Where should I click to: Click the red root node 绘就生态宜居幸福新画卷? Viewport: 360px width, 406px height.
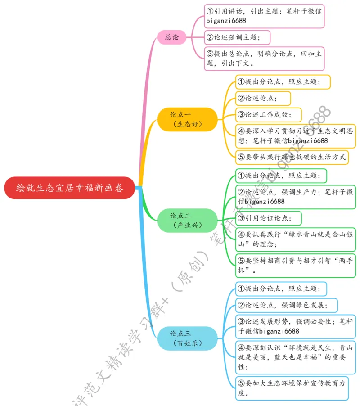pos(70,187)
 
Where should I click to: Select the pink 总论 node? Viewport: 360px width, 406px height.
pos(172,37)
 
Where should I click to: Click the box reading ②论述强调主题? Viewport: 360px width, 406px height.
pos(237,37)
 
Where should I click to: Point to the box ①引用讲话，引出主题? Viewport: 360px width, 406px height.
pos(264,16)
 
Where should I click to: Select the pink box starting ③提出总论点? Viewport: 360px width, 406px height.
pos(264,59)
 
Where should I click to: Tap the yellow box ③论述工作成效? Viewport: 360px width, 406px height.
pos(268,114)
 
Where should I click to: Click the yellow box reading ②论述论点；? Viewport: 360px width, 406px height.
pos(263,98)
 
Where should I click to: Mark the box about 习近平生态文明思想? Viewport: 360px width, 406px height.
pos(295,136)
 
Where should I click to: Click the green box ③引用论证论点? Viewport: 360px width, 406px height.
pos(268,218)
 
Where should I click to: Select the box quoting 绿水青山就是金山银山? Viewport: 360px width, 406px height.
pos(295,239)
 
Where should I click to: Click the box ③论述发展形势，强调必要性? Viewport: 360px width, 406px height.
pos(295,326)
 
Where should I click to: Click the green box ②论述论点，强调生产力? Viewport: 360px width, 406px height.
pos(295,197)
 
